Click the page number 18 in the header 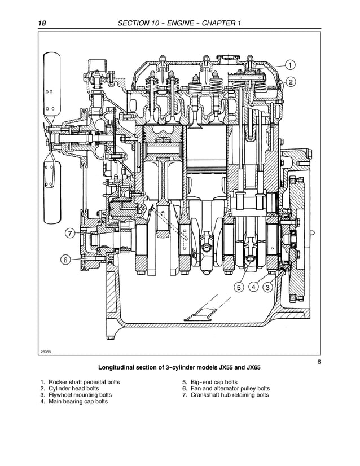42,23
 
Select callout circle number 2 291,82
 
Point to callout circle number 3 268,287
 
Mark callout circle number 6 65,260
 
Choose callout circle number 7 69,233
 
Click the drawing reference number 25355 46,351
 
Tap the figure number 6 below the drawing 319,362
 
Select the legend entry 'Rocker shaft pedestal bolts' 84,382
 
